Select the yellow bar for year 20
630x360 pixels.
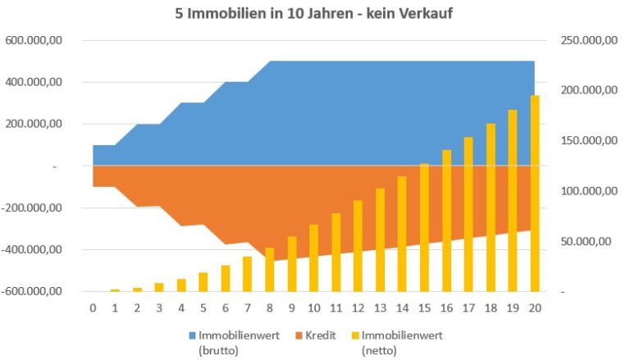tap(535, 193)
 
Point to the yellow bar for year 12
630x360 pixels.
tap(358, 245)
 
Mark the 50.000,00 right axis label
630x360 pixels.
tap(588, 241)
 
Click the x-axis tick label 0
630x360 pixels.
tap(93, 308)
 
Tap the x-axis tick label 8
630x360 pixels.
tap(269, 308)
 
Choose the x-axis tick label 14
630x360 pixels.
tap(402, 308)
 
